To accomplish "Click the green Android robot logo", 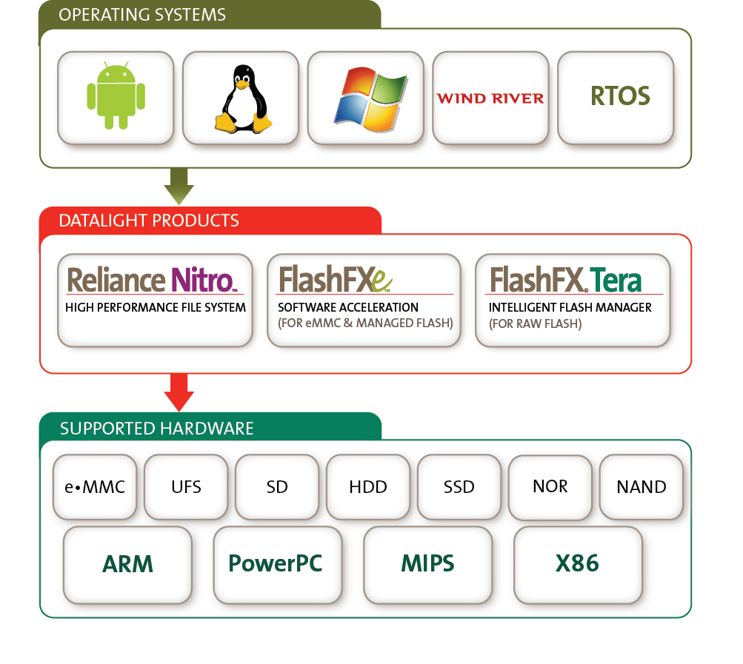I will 116,97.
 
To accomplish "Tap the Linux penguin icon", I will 241,98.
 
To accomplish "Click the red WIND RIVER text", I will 490,98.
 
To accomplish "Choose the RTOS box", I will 619,96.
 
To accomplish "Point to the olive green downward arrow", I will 179,187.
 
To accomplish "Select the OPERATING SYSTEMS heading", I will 142,15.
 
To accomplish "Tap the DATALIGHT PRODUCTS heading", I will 149,221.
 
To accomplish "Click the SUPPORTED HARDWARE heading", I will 156,429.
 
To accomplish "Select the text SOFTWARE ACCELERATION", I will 348,307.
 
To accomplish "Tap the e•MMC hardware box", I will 94,487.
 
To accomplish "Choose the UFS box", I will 185,487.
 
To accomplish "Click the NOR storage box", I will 550,486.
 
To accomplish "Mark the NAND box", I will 641,487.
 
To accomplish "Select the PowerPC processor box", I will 276,564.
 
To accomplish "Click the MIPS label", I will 427,564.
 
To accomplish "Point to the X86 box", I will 577,564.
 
